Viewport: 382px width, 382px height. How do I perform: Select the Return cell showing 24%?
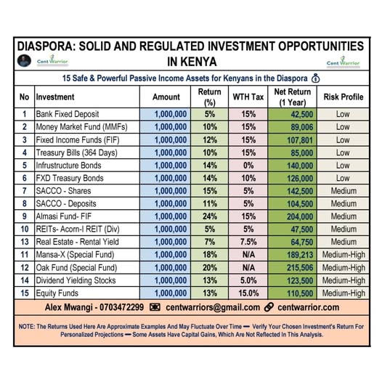click(x=210, y=216)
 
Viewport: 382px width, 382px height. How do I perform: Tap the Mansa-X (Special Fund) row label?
click(x=71, y=255)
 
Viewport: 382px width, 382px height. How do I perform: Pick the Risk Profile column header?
click(x=342, y=97)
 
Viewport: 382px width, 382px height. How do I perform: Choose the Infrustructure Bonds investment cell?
click(x=68, y=166)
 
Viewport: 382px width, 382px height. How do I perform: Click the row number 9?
click(x=24, y=216)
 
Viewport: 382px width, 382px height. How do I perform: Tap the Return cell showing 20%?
click(x=210, y=267)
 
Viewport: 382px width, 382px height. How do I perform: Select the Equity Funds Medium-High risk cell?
click(x=342, y=293)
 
